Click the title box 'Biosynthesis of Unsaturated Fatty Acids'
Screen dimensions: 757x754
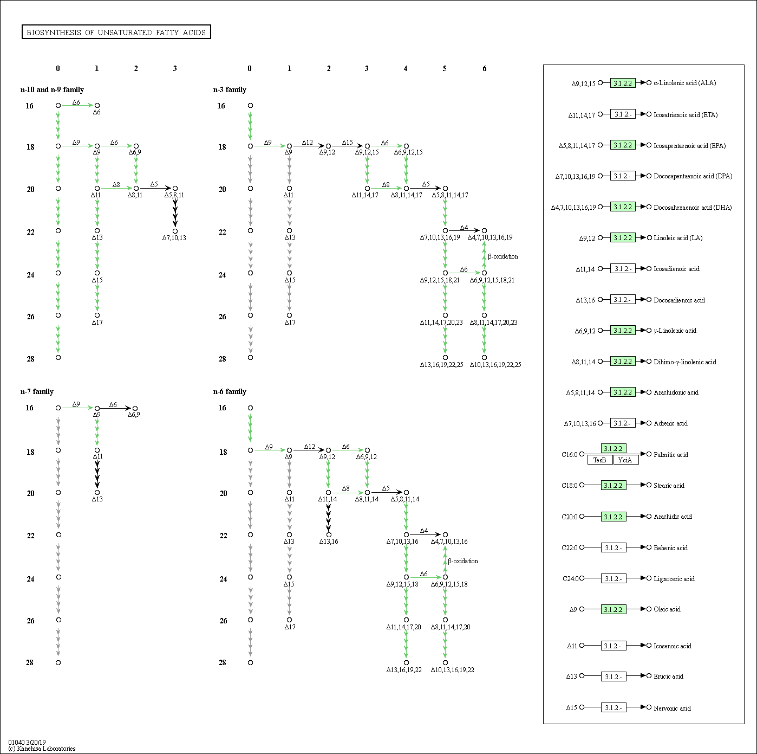(x=116, y=33)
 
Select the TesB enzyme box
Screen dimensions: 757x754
(x=600, y=460)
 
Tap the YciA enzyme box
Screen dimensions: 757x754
(x=626, y=460)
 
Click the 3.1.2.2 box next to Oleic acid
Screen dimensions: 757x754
(x=613, y=609)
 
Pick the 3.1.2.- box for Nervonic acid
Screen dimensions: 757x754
(x=613, y=707)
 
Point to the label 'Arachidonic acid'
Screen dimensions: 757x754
(x=676, y=392)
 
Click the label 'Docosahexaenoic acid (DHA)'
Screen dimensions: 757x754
(x=693, y=207)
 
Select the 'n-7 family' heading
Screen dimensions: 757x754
(x=37, y=391)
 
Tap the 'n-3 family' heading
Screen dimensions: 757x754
(x=230, y=89)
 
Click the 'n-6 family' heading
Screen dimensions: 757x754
(x=230, y=391)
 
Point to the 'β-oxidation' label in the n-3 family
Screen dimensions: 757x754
(x=503, y=256)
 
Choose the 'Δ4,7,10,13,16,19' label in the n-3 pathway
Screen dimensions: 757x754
(x=490, y=237)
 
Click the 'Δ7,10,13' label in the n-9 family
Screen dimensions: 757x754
(x=174, y=237)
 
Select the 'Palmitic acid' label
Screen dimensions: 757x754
(x=670, y=454)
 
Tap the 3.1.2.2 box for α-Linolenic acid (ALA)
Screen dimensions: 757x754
(x=623, y=83)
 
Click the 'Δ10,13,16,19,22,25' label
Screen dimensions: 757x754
(x=495, y=365)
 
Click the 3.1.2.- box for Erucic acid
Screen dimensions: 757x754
(x=613, y=676)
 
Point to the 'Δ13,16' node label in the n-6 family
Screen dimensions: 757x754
(x=329, y=541)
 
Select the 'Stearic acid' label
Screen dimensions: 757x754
(x=669, y=485)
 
